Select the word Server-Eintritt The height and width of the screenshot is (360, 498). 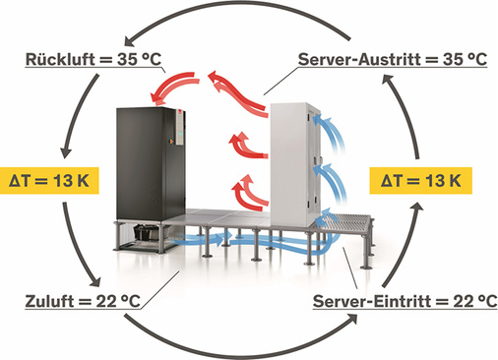click(374, 300)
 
